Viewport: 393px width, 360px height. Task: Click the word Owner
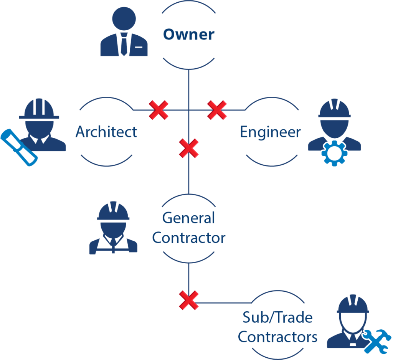[188, 35]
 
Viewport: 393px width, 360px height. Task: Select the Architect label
[106, 132]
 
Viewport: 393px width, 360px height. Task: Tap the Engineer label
[271, 132]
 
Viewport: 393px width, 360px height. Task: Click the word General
[188, 218]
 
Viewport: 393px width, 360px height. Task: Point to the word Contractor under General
[188, 238]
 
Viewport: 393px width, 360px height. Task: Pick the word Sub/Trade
[277, 317]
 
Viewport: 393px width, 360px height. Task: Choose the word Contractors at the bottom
[277, 337]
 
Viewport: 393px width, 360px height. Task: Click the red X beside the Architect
[159, 110]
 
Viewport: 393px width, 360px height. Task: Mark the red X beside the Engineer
[217, 110]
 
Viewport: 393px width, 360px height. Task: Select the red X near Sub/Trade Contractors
[189, 300]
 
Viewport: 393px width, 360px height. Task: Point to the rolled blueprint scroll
[18, 147]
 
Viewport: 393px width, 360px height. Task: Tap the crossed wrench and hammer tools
[376, 340]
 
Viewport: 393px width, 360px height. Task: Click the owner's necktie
[124, 44]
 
